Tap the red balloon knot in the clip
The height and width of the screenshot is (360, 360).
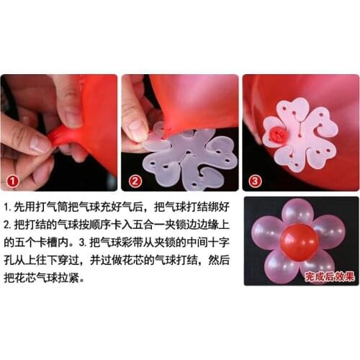(x=276, y=134)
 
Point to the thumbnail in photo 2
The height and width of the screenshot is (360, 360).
(x=136, y=130)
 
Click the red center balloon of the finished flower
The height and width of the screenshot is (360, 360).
(x=299, y=242)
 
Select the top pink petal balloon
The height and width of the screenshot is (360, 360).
(x=297, y=212)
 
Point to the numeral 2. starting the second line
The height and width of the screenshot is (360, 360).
(x=8, y=223)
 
